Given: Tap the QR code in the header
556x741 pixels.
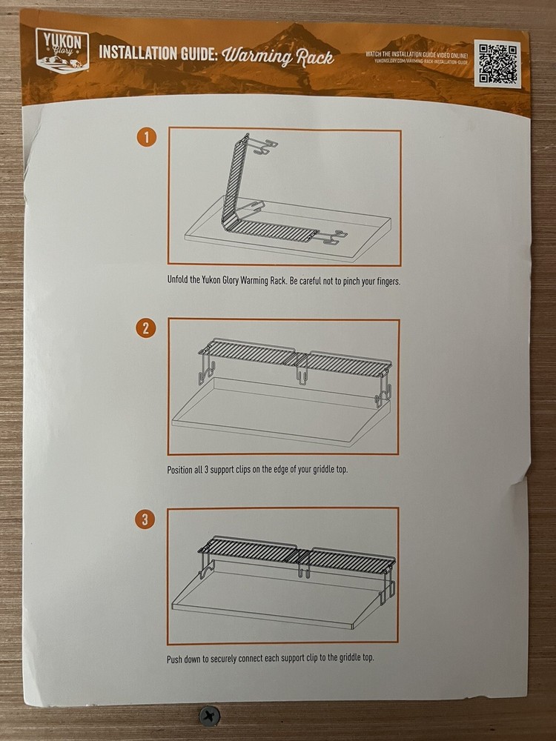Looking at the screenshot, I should coord(499,62).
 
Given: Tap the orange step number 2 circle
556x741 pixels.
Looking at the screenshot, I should coord(146,328).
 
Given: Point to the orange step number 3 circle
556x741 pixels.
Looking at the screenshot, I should coord(146,519).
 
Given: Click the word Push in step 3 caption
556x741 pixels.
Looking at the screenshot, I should coord(176,658).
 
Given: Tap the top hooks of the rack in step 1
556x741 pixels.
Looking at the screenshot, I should coord(262,145).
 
